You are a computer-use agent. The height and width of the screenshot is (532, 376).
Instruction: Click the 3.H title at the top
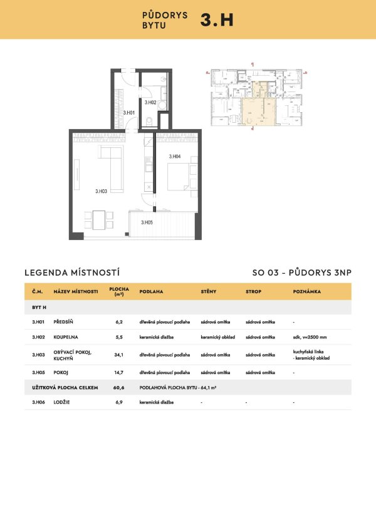(216, 19)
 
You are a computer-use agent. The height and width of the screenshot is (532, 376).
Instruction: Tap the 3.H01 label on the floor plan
(130, 113)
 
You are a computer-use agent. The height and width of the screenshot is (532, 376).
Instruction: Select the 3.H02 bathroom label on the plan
(150, 102)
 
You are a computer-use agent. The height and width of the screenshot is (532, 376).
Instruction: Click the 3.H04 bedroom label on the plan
(174, 156)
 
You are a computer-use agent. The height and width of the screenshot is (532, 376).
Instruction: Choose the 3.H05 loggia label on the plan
(147, 222)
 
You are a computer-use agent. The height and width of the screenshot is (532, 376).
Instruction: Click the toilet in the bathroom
(145, 122)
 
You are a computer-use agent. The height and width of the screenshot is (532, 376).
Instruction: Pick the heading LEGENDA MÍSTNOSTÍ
(71, 273)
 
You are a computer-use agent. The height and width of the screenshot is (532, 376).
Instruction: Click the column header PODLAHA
(151, 292)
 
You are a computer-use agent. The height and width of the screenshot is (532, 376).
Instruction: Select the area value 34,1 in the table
(119, 355)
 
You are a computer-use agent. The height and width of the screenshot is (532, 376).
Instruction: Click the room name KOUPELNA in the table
(67, 337)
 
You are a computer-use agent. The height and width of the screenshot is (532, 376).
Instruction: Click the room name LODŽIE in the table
(63, 402)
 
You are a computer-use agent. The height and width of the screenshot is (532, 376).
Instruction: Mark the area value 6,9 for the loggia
(119, 402)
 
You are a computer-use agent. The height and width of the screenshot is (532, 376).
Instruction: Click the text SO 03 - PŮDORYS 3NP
(301, 273)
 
